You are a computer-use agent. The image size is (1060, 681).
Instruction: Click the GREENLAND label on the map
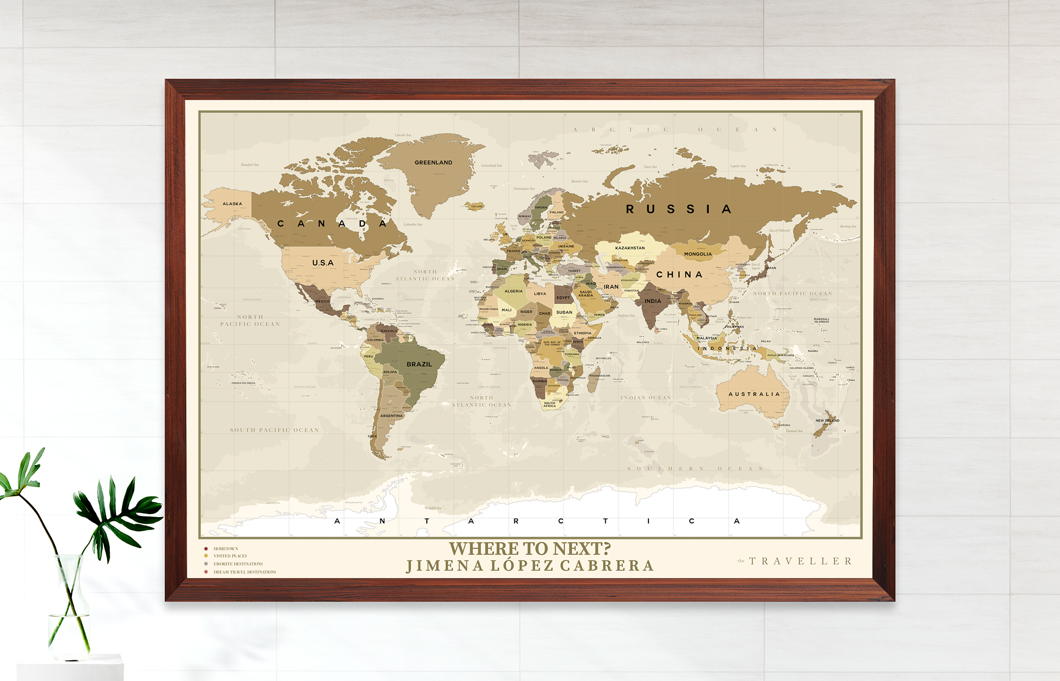pos(433,162)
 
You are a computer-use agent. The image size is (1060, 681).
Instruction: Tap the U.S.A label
pos(323,263)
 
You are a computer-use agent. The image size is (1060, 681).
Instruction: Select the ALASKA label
pos(232,204)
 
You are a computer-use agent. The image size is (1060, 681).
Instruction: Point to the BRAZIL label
pos(419,364)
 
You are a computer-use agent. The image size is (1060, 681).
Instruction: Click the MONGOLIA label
pos(698,254)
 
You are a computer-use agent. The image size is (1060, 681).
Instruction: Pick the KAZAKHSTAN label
pos(630,248)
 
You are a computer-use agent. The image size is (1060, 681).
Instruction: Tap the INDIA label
pos(653,301)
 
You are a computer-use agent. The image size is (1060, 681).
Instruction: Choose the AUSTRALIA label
pos(754,394)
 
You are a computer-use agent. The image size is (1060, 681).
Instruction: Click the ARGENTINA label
pos(391,416)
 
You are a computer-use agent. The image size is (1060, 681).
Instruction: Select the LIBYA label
pos(540,294)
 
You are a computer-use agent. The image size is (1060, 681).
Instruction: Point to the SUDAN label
pos(564,312)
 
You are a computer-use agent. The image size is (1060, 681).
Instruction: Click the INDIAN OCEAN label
pos(645,398)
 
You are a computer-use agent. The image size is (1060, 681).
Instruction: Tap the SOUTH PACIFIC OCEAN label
pos(274,430)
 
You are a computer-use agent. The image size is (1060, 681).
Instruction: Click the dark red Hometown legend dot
pos(206,549)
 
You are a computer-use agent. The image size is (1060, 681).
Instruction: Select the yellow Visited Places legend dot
pos(206,556)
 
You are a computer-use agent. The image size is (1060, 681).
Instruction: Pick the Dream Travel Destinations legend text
pos(245,572)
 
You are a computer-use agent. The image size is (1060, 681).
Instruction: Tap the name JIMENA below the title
pos(445,566)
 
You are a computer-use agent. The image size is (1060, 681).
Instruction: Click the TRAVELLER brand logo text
pos(800,561)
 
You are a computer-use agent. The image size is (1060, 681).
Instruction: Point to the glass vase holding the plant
pos(69,610)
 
